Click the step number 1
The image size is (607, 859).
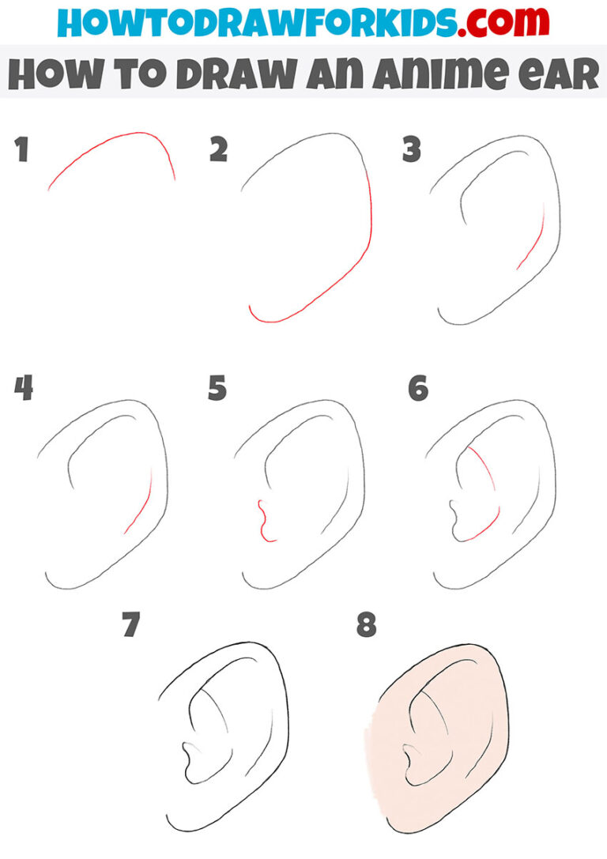point(21,149)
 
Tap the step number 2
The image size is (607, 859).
point(219,149)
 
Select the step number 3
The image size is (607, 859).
point(412,149)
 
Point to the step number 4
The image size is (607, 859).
point(24,389)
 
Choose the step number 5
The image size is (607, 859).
point(217,389)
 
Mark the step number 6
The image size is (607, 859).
point(418,389)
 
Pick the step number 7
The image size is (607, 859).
point(131,625)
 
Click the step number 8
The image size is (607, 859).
point(367,625)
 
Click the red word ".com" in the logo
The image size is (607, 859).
point(503,22)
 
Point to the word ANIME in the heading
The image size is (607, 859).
point(441,73)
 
